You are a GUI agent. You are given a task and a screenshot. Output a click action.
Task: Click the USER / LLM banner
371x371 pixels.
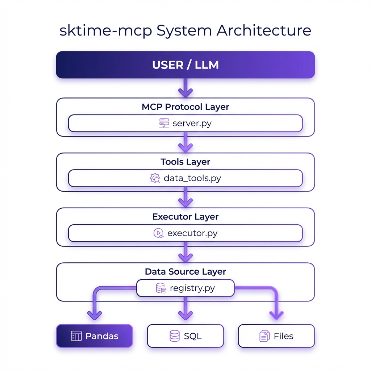coord(185,65)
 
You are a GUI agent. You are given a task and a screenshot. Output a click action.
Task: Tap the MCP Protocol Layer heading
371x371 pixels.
coord(185,107)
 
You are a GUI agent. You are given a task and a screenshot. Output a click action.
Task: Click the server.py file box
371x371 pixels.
coord(185,123)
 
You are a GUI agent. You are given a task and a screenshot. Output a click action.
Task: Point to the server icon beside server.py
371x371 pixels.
coord(164,123)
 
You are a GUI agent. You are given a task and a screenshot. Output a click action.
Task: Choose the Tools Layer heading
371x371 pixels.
coord(185,162)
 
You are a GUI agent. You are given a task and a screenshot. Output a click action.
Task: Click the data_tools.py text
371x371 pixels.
coord(192,178)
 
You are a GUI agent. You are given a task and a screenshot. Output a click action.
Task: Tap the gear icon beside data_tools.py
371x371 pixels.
coord(155,178)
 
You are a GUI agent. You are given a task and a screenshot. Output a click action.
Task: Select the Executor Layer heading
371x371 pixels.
coord(185,217)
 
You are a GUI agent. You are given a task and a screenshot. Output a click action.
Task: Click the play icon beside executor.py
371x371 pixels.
coord(159,233)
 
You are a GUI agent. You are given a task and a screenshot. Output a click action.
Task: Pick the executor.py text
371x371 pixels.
coord(192,233)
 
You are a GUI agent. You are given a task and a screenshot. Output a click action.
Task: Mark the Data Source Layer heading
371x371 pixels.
coord(185,272)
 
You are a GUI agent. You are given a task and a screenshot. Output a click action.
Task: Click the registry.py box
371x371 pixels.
coord(185,288)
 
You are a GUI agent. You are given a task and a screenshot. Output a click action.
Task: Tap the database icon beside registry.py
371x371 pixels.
coord(161,288)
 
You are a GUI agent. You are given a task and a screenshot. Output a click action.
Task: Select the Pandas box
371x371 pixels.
coord(95,336)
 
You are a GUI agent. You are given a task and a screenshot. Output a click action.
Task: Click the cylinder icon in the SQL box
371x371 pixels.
coord(174,336)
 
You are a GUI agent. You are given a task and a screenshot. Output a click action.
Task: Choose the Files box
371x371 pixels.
coord(276,336)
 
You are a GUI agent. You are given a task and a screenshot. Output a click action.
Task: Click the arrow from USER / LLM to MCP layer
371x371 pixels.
coord(185,88)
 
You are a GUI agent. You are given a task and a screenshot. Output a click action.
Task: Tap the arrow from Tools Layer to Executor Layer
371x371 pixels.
coord(185,199)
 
